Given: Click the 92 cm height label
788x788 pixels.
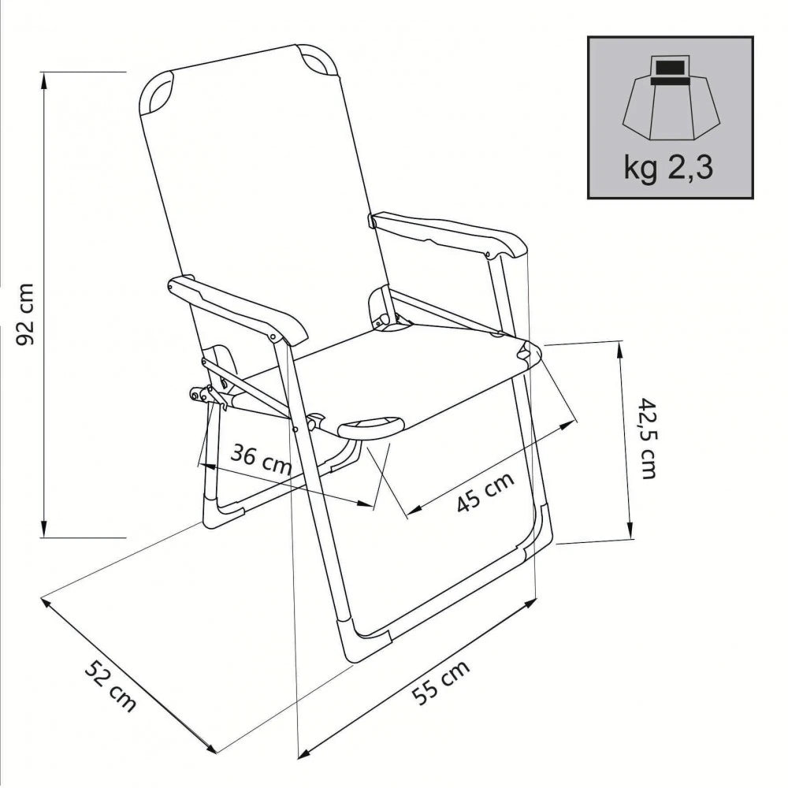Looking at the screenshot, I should point(25,313).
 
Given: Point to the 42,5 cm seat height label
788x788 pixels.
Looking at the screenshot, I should point(648,438).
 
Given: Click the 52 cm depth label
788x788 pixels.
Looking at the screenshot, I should point(110,686).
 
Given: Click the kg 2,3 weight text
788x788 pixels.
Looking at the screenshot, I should point(669,168).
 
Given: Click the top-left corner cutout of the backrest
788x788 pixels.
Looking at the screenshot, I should point(158,92).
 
